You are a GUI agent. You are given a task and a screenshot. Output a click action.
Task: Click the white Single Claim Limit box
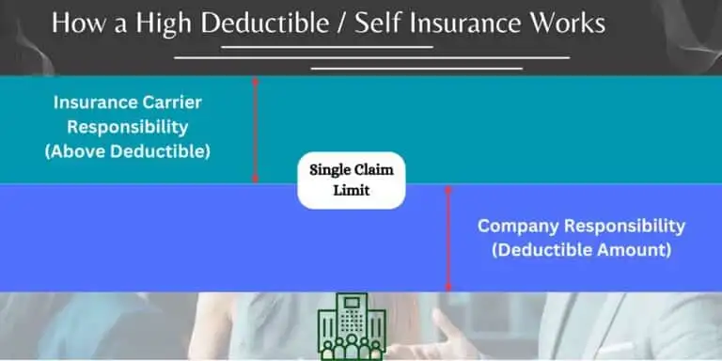point(352,180)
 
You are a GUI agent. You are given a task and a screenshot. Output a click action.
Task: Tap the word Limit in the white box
point(352,191)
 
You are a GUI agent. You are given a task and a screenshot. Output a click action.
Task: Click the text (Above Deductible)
point(127,150)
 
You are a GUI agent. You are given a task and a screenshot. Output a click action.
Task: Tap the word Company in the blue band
point(520,227)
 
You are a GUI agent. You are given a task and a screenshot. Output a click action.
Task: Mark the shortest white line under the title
point(325,46)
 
